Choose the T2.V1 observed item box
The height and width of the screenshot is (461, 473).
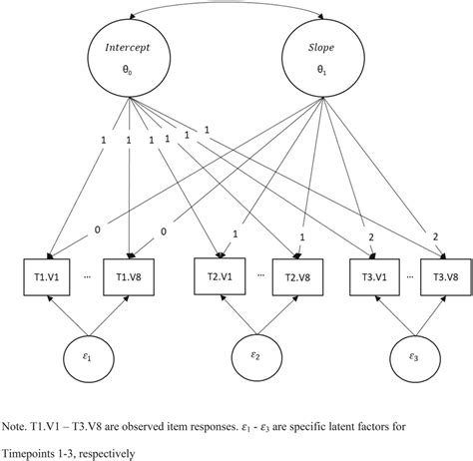tap(214, 276)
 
